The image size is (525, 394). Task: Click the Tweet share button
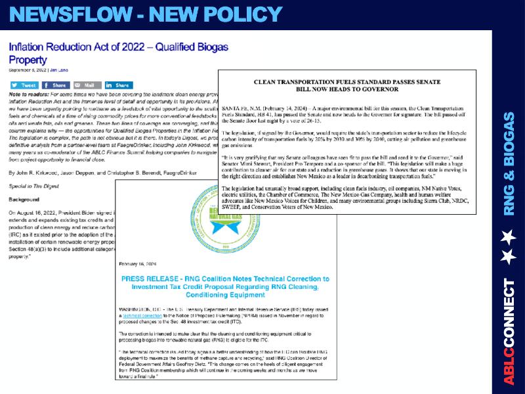click(x=24, y=85)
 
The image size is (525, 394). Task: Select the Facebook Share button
click(x=56, y=85)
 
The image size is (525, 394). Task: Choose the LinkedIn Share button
click(x=119, y=85)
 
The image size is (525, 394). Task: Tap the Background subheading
click(x=24, y=198)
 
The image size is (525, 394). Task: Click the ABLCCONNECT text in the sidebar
click(x=509, y=332)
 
